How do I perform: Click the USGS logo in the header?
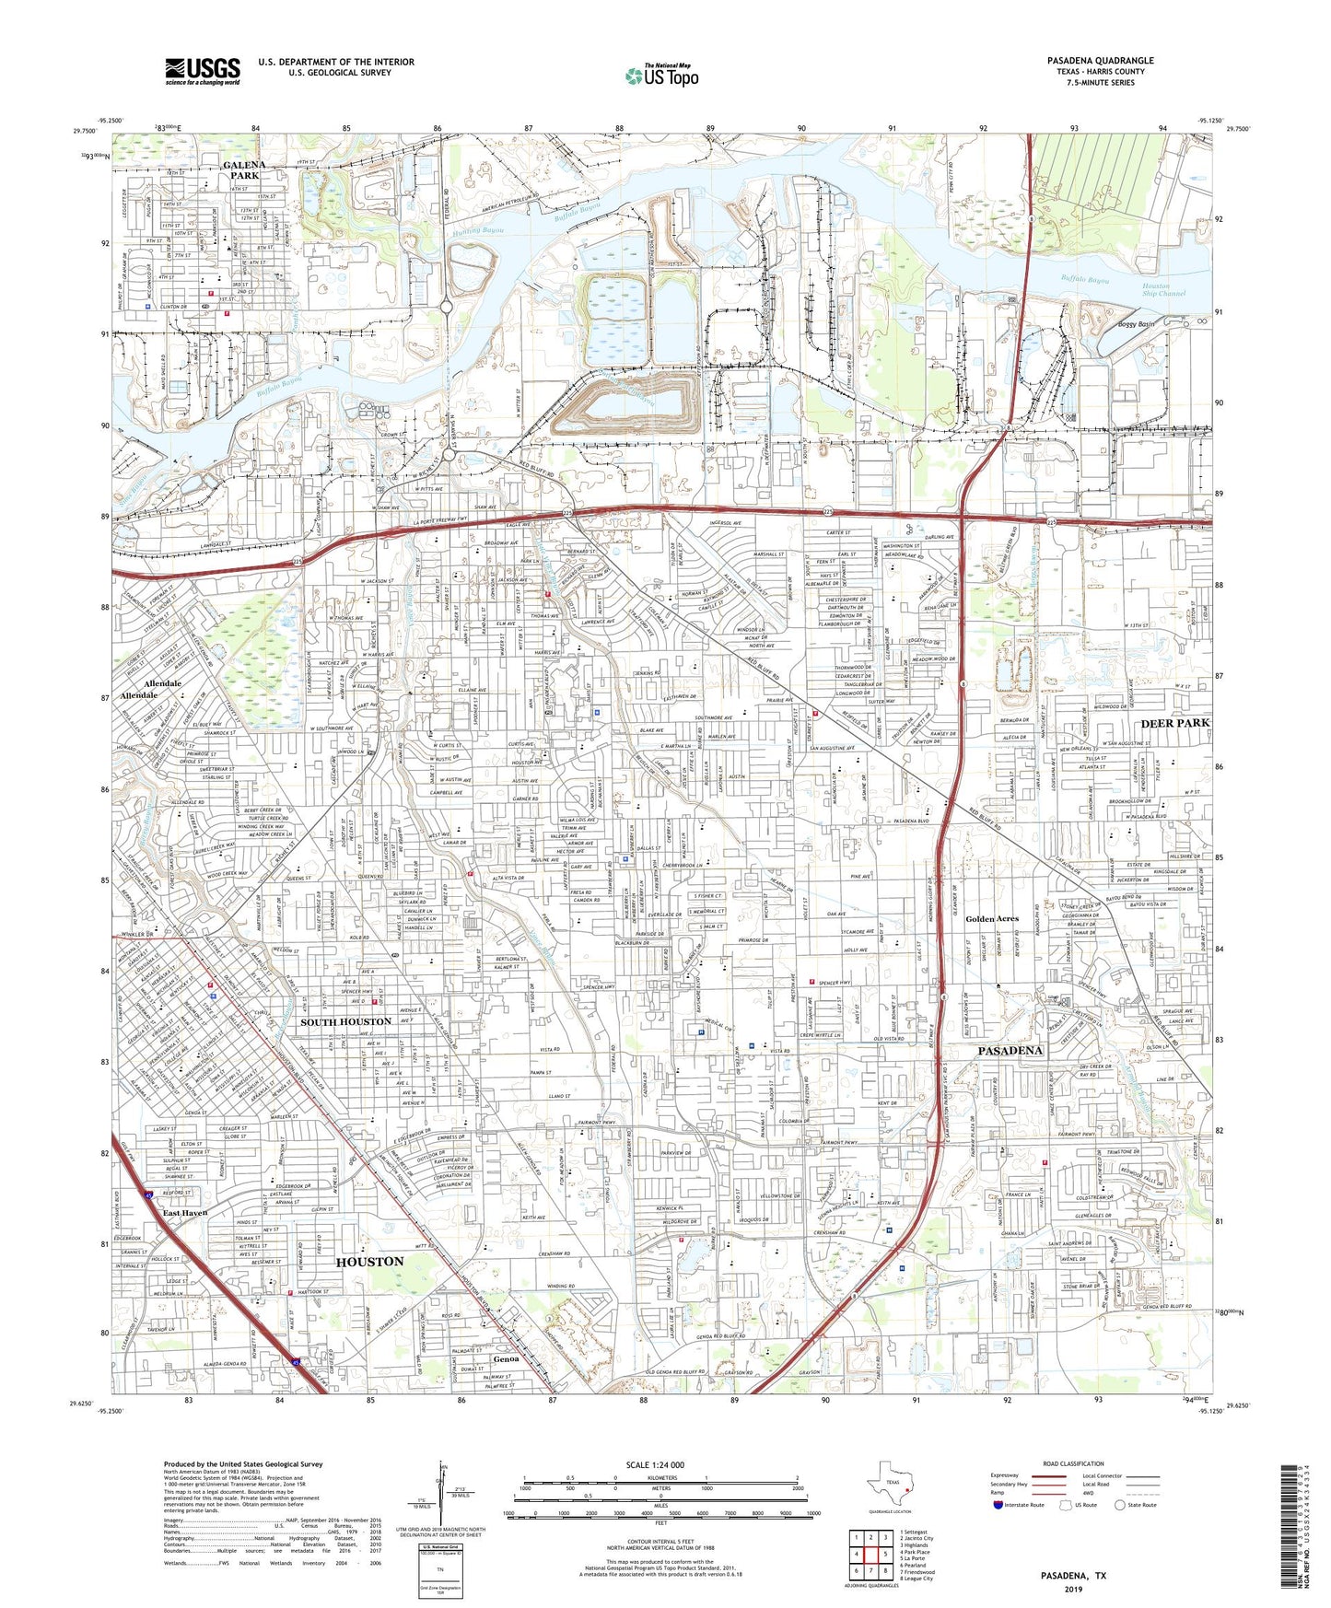tap(203, 71)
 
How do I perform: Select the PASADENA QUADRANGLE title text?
tap(1100, 61)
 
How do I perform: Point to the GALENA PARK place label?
tap(244, 169)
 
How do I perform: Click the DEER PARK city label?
tap(1175, 723)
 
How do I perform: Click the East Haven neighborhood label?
tap(186, 1213)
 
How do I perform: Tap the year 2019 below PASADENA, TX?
tap(1073, 1590)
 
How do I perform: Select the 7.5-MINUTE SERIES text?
tap(1100, 83)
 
